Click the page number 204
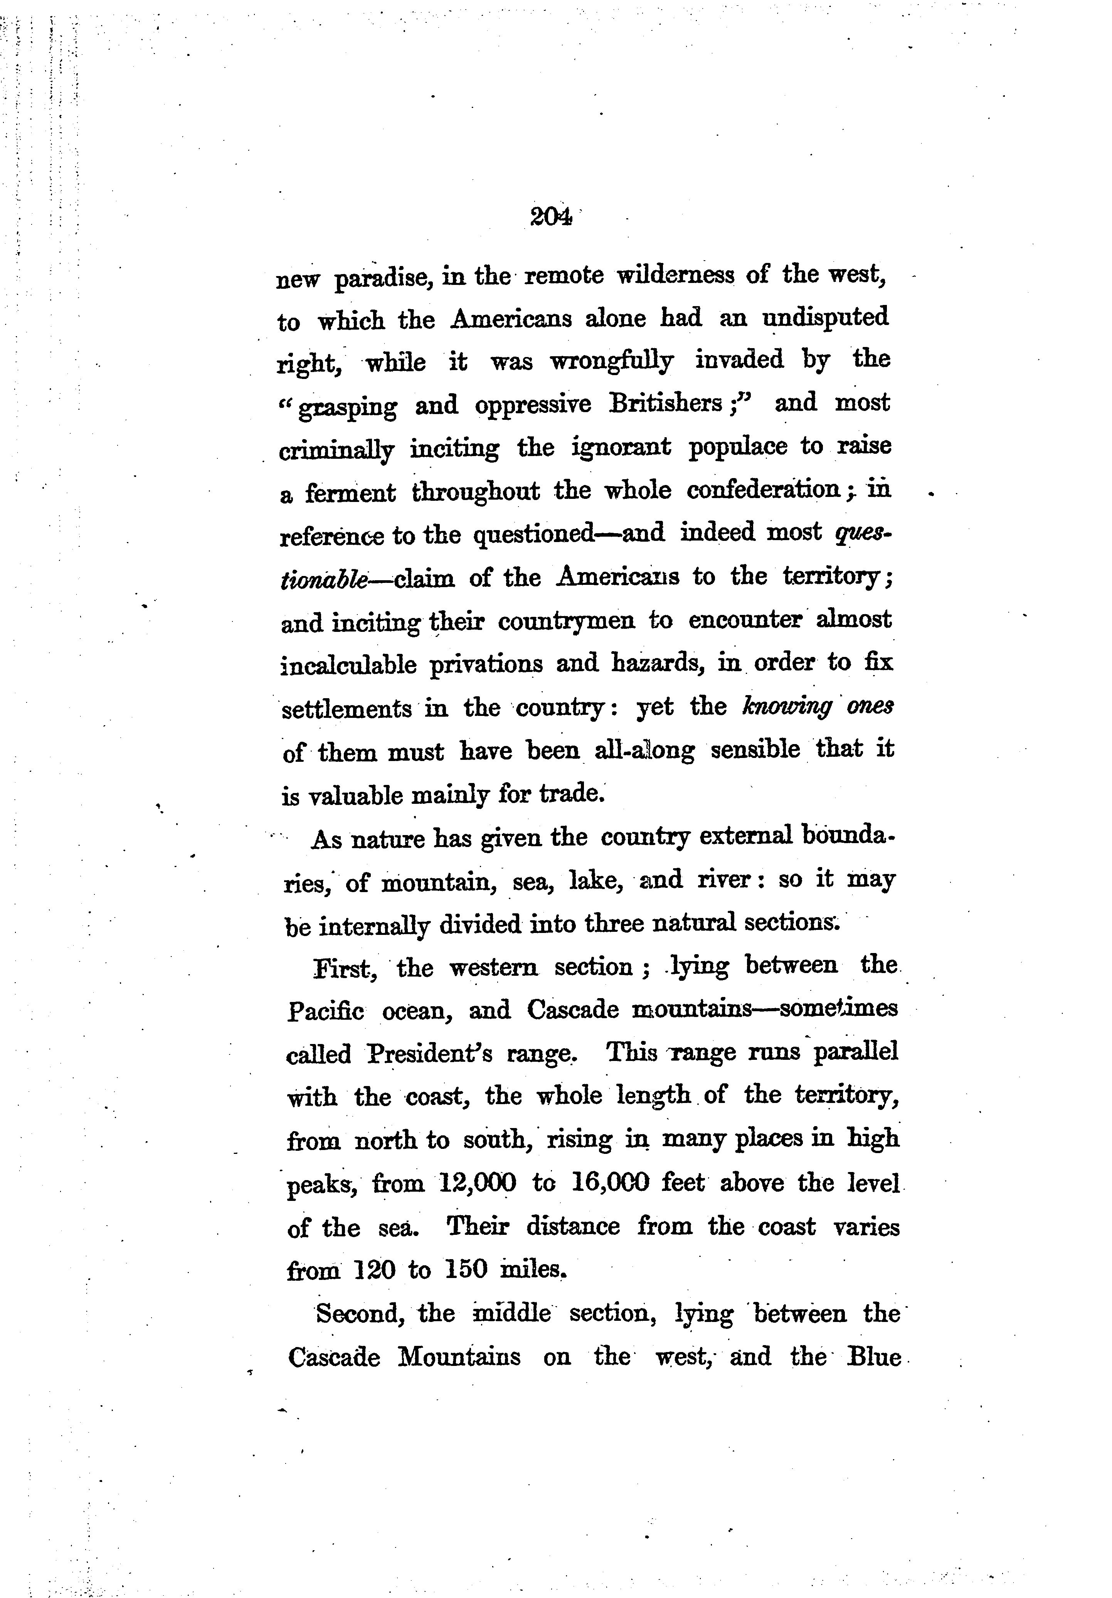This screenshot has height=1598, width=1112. tap(550, 217)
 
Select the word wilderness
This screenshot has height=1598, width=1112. tap(675, 276)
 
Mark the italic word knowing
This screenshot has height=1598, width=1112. tap(787, 707)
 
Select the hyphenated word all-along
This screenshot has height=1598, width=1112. tap(644, 750)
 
